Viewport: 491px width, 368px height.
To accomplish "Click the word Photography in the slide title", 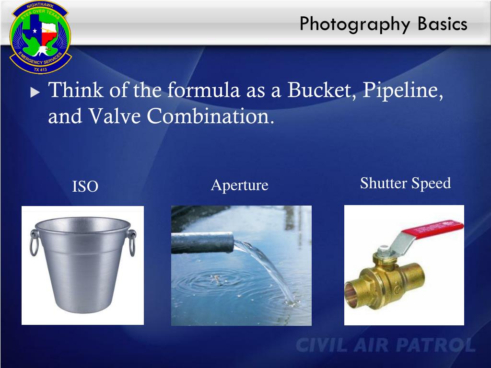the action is pyautogui.click(x=355, y=24).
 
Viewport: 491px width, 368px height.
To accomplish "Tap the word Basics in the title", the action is pyautogui.click(x=443, y=23).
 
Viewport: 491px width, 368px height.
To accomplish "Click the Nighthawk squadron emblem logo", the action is pyautogui.click(x=41, y=37).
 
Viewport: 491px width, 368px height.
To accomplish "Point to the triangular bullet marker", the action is pyautogui.click(x=35, y=92).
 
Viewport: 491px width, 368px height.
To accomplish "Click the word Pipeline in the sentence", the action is pyautogui.click(x=403, y=91).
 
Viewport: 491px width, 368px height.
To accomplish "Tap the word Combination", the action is pyautogui.click(x=210, y=116).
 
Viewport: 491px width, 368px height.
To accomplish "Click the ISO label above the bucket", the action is pyautogui.click(x=85, y=186).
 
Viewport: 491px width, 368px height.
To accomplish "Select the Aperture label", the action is pyautogui.click(x=240, y=185).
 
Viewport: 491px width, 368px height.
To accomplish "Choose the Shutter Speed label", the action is pyautogui.click(x=405, y=184).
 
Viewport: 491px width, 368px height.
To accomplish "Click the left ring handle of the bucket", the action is pyautogui.click(x=34, y=242).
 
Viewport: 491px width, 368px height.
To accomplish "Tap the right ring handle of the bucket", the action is pyautogui.click(x=132, y=242).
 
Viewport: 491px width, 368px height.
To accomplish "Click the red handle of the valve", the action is pyautogui.click(x=432, y=229).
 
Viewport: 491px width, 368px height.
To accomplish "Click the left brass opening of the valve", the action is pyautogui.click(x=351, y=295).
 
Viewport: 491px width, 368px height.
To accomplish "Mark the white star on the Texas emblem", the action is pyautogui.click(x=35, y=31).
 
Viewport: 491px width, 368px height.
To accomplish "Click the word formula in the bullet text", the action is pyautogui.click(x=203, y=90).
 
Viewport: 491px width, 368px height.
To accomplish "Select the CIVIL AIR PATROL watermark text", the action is pyautogui.click(x=386, y=345).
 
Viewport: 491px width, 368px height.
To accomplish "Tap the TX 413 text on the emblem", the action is pyautogui.click(x=40, y=69).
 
